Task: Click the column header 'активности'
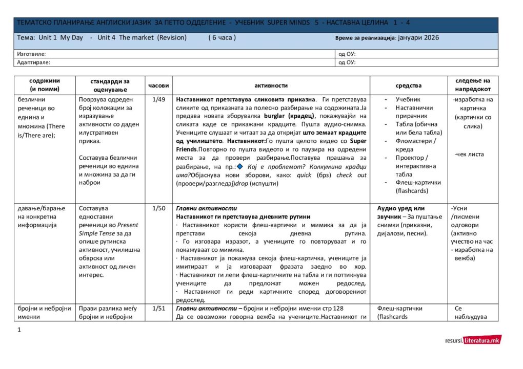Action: [x=271, y=85]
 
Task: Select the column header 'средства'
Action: [x=408, y=85]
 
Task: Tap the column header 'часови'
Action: [x=158, y=85]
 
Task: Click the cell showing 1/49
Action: [x=158, y=100]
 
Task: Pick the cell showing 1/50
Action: [x=158, y=209]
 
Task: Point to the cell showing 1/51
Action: [x=158, y=309]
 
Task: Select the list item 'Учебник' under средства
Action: [x=408, y=100]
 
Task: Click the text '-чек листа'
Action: [x=469, y=154]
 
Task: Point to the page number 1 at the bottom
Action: [x=19, y=330]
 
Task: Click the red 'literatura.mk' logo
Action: [x=482, y=340]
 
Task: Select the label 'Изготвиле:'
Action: [x=31, y=54]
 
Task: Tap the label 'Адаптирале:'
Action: [x=33, y=62]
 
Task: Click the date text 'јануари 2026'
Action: [x=417, y=38]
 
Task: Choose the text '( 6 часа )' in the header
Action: [x=222, y=38]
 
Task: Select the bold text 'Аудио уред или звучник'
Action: [x=400, y=212]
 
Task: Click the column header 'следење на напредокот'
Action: [x=472, y=85]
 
